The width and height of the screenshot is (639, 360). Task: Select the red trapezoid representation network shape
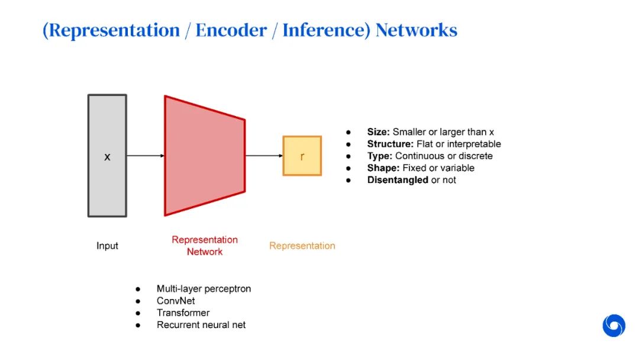click(x=204, y=156)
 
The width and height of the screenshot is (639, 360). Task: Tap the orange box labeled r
click(x=302, y=156)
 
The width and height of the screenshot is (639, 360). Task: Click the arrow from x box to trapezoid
click(x=145, y=156)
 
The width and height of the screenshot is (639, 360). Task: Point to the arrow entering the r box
click(x=264, y=156)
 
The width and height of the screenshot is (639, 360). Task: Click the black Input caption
click(x=107, y=246)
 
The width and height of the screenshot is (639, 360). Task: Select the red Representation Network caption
click(x=205, y=246)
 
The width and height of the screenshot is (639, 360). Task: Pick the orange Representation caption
click(x=302, y=246)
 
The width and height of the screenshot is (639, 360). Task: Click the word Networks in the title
click(x=417, y=30)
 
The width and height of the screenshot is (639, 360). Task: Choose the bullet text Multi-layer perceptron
click(x=204, y=289)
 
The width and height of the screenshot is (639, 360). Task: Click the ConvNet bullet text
click(x=176, y=301)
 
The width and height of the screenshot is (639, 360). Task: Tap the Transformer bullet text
click(x=183, y=313)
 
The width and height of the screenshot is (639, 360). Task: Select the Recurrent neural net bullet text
click(x=201, y=324)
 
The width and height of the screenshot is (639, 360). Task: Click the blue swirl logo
click(x=614, y=326)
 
